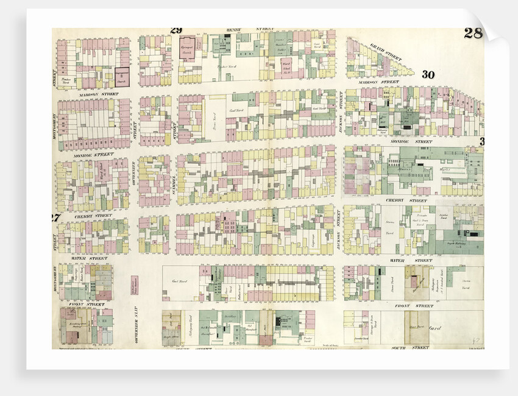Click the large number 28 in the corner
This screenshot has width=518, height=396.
pyautogui.click(x=472, y=33)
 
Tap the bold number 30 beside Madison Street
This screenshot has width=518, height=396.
pyautogui.click(x=428, y=75)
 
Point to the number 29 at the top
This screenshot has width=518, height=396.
pyautogui.click(x=176, y=30)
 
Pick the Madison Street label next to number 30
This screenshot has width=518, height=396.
pyautogui.click(x=378, y=82)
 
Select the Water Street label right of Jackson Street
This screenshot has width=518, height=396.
pyautogui.click(x=402, y=260)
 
